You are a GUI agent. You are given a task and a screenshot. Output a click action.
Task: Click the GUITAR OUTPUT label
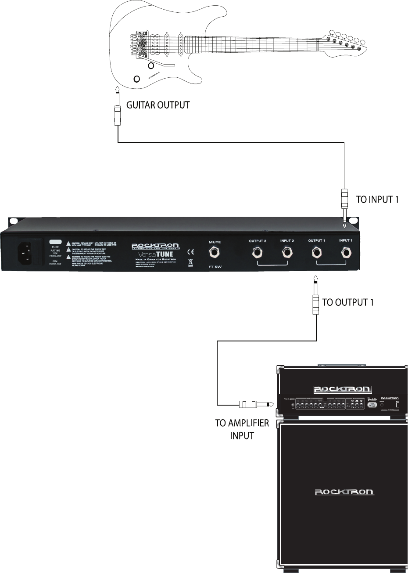[158, 105]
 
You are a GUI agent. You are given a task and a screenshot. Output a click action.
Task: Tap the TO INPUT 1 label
[377, 199]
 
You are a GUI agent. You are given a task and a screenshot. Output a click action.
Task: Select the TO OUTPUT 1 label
[348, 302]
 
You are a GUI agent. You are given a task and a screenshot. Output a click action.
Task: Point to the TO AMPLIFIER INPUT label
[242, 429]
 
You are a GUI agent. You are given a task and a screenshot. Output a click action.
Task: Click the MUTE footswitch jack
[215, 253]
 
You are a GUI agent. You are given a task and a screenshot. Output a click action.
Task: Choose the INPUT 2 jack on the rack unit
[287, 253]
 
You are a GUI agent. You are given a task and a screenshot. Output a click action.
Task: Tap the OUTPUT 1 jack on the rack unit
[316, 253]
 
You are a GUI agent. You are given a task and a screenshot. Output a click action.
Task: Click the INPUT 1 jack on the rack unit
[346, 253]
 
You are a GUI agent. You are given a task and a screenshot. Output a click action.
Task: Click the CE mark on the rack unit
[191, 252]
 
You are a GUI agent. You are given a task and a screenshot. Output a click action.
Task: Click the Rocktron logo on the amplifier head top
[342, 389]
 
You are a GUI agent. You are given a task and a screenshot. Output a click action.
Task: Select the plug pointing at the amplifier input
[254, 404]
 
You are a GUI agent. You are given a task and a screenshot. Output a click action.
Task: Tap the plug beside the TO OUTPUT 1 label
[315, 294]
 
